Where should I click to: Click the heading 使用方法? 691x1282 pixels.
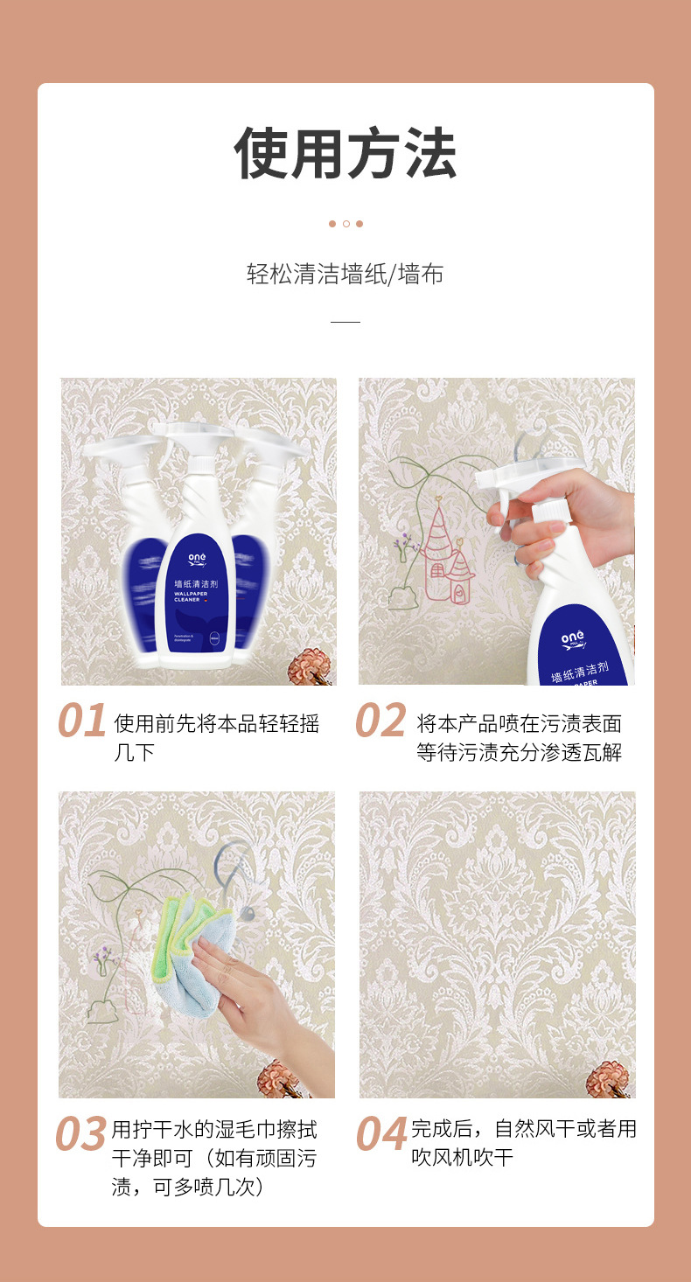[345, 155]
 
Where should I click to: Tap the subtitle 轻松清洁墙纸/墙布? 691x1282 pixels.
[345, 275]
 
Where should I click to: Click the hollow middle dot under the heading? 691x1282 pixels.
[345, 224]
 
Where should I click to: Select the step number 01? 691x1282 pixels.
[82, 721]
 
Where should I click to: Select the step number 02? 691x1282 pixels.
[381, 721]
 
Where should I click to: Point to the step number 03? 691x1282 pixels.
[81, 1134]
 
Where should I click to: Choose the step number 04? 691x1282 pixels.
[381, 1134]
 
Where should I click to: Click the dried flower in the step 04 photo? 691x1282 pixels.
[608, 1079]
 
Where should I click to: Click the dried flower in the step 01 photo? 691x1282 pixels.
[310, 666]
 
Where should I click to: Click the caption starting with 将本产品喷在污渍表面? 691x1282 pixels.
[519, 737]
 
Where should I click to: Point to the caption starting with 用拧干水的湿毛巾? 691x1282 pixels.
[213, 1158]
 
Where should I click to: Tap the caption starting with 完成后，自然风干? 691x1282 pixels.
[523, 1143]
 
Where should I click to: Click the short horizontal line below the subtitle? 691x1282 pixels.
[345, 322]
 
